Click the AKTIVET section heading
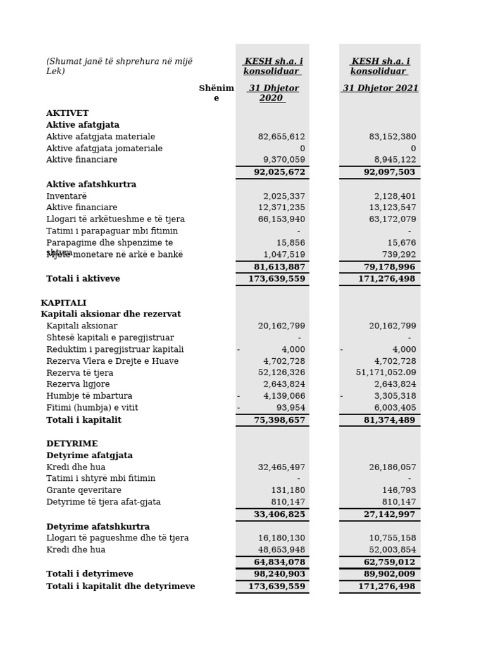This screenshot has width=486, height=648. pos(67,113)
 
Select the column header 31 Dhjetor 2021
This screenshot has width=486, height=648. pos(380,89)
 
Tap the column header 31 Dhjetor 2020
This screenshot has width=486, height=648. pos(273,93)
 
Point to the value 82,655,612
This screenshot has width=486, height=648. pos(282,137)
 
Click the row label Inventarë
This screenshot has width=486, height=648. pos(66,196)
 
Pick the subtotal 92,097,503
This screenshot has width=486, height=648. pos(388,172)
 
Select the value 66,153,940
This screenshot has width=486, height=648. pos(282,220)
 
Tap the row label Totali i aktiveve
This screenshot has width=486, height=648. pos(83,279)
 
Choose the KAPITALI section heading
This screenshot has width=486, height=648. pos(63,303)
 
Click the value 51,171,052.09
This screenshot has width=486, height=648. pos(386,373)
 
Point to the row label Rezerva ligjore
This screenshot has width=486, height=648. pos(78,385)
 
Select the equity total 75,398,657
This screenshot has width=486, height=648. pos(279,420)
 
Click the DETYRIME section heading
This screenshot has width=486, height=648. pos(72,444)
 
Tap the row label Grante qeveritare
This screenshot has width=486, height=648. pos(84,490)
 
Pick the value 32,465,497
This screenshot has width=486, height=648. pos(282,468)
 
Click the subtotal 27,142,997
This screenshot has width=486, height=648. pos(388,514)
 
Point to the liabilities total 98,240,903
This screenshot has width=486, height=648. pos(279,574)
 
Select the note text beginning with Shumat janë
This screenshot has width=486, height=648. pos(119,66)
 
